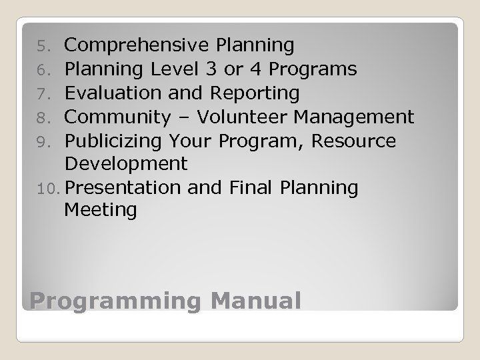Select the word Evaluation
click(117, 93)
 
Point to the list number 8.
click(42, 118)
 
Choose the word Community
click(127, 118)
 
